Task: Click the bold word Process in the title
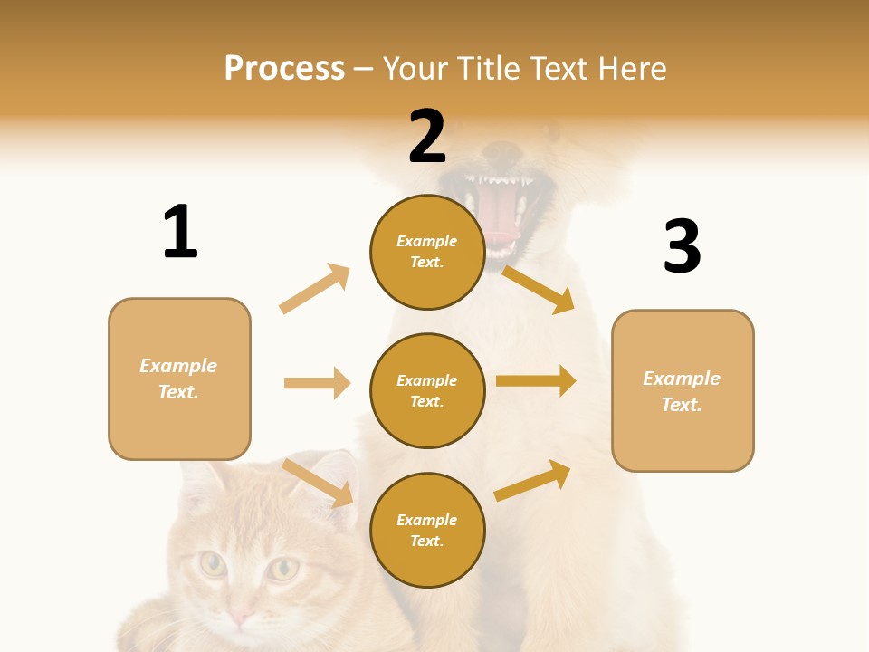pyautogui.click(x=284, y=69)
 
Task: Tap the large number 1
pyautogui.click(x=180, y=232)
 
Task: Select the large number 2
pyautogui.click(x=427, y=137)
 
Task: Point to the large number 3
pyautogui.click(x=682, y=246)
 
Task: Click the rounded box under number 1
pyautogui.click(x=179, y=379)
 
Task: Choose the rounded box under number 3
pyautogui.click(x=683, y=390)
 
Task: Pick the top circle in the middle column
pyautogui.click(x=427, y=252)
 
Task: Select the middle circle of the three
pyautogui.click(x=427, y=390)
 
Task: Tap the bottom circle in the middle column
pyautogui.click(x=427, y=530)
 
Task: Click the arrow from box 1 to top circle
pyautogui.click(x=315, y=288)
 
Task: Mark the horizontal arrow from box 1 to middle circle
pyautogui.click(x=317, y=383)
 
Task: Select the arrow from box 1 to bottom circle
pyautogui.click(x=317, y=483)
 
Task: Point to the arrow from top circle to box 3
pyautogui.click(x=539, y=289)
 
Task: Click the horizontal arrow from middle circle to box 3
pyautogui.click(x=536, y=380)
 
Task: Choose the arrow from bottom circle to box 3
pyautogui.click(x=533, y=480)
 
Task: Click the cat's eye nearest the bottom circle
pyautogui.click(x=283, y=569)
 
